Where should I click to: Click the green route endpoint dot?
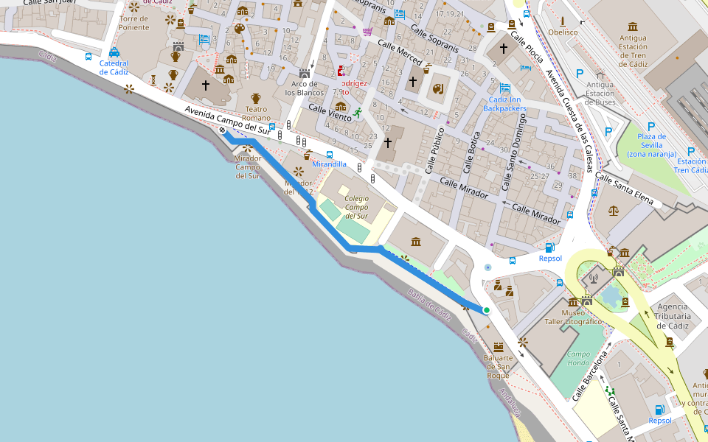[x=487, y=310]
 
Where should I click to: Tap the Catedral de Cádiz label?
[x=114, y=68]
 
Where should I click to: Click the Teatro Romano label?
[x=256, y=113]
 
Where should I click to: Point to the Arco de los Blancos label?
[x=304, y=88]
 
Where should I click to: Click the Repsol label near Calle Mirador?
[x=550, y=259]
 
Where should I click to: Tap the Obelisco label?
[x=563, y=32]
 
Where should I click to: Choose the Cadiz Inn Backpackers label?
[x=504, y=104]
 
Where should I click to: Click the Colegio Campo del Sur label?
[x=356, y=206]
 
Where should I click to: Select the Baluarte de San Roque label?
[x=498, y=366]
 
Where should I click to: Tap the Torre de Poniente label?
[x=133, y=24]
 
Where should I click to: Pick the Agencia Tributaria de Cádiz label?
[x=671, y=316]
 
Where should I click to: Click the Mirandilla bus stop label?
[x=329, y=164]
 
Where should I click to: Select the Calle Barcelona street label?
[x=590, y=376]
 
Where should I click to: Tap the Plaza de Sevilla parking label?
[x=653, y=145]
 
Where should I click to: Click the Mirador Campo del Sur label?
[x=247, y=166]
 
